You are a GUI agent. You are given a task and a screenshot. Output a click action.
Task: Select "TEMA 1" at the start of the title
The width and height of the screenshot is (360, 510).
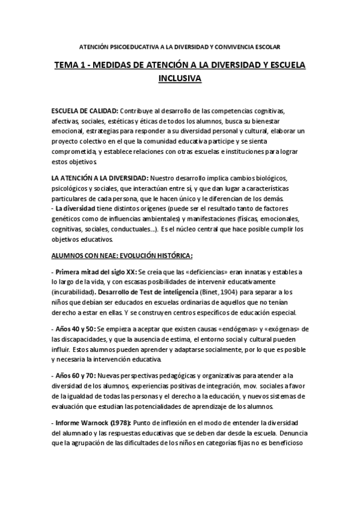point(70,65)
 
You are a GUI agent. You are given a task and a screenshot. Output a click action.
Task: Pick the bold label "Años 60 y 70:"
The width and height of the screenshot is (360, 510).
point(76,376)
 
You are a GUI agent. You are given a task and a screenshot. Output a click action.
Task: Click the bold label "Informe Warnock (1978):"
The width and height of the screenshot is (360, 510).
point(91,422)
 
